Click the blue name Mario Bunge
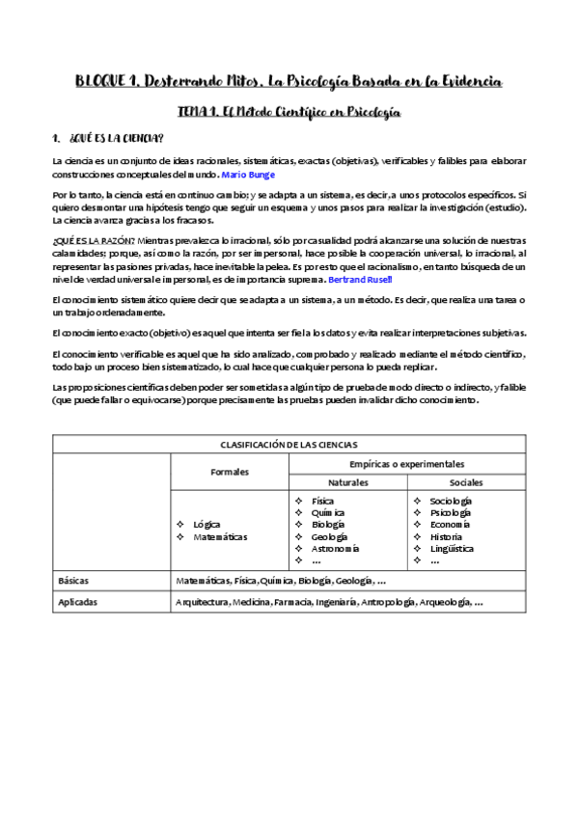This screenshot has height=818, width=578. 248,175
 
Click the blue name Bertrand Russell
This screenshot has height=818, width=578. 361,279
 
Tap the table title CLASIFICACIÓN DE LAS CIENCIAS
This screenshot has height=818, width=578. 288,445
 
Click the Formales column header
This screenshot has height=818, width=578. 230,472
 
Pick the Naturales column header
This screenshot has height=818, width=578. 348,481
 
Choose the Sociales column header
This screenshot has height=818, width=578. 466,481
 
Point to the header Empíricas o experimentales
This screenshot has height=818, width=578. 407,463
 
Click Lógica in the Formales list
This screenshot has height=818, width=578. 207,524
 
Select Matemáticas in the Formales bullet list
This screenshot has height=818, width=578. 220,536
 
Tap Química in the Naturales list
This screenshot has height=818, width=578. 328,513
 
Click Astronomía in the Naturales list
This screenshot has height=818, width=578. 336,548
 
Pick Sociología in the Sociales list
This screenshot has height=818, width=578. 451,501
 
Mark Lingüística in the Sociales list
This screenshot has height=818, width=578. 452,548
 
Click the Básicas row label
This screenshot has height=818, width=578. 73,582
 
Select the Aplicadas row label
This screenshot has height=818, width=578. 77,601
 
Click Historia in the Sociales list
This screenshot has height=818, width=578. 446,536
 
